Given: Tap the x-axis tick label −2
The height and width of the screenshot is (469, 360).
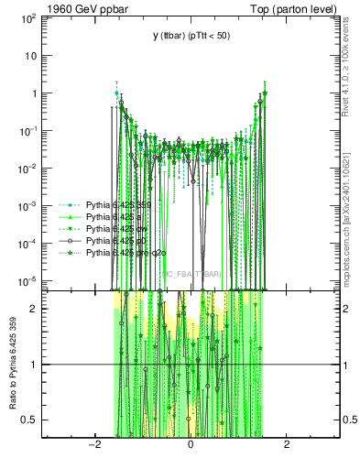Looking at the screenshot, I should (x=93, y=445).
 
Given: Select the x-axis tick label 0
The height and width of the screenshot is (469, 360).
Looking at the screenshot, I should (x=190, y=445).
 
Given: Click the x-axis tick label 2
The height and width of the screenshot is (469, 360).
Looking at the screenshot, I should (x=287, y=445).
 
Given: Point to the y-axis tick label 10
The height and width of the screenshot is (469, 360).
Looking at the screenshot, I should (x=33, y=56).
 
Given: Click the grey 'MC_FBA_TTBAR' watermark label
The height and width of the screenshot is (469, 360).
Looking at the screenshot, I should (x=191, y=274).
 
